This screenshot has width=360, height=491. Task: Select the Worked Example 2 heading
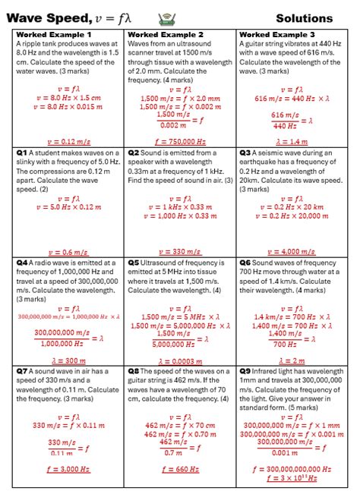pos(166,35)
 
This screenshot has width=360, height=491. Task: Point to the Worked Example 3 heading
pos(276,35)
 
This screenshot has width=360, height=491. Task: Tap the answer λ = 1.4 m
pos(292,141)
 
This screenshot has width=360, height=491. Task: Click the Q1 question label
pos(21,153)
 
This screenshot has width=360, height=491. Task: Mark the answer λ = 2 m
pos(292,360)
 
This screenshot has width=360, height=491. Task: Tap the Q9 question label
pos(245,372)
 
